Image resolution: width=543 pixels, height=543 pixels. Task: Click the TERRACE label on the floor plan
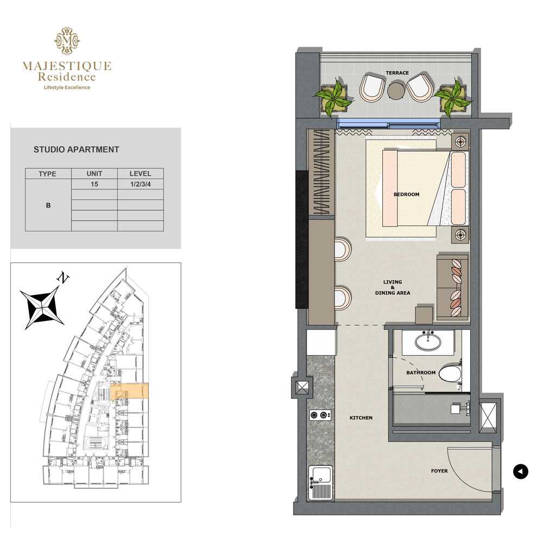click(397, 73)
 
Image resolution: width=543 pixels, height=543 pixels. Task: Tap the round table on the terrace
click(396, 91)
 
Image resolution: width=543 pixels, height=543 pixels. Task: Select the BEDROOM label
click(407, 194)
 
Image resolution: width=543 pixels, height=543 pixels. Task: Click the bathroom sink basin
click(428, 341)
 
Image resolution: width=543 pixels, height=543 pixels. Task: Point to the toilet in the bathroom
click(451, 374)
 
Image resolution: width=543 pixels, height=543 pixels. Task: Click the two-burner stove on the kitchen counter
click(320, 415)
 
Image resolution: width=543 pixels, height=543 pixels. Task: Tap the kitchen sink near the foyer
click(321, 482)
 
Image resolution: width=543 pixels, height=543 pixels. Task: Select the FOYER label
click(439, 471)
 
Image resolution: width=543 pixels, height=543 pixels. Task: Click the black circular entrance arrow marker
click(521, 471)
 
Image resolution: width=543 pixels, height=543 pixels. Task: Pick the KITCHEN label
click(361, 418)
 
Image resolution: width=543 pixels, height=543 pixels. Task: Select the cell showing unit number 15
click(94, 184)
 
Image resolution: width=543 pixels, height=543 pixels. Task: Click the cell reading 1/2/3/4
click(141, 184)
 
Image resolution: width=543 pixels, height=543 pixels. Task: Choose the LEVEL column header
click(141, 174)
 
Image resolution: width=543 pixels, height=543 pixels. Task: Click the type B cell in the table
click(48, 205)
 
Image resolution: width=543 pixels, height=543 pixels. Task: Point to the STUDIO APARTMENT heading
click(76, 150)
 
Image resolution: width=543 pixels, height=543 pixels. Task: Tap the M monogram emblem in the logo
click(67, 41)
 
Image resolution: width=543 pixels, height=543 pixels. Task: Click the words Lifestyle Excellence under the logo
click(67, 87)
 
